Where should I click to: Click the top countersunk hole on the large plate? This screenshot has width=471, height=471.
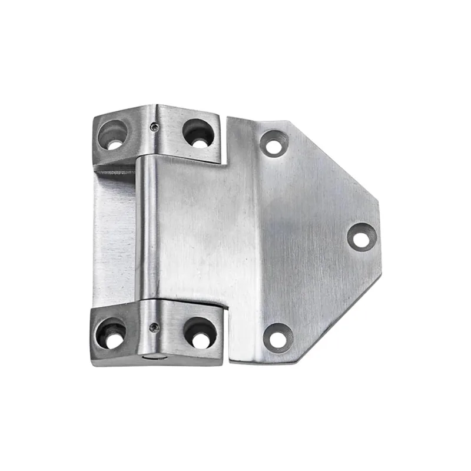(274, 143)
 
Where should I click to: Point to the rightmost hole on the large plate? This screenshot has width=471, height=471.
(361, 236)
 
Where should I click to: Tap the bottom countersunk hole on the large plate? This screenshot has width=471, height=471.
(277, 337)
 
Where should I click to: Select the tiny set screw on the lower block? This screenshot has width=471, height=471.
(154, 328)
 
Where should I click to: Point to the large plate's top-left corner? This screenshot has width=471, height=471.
(228, 118)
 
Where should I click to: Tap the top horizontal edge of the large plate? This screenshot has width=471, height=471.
(259, 120)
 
